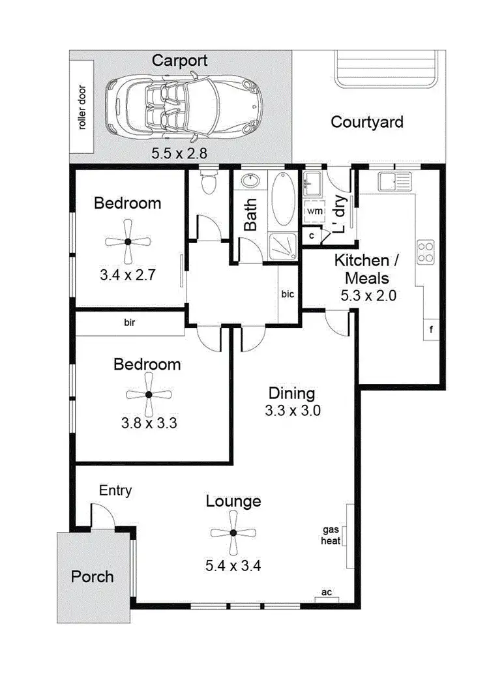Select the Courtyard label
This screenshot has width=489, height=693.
point(366,122)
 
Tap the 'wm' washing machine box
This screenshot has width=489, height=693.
point(314,212)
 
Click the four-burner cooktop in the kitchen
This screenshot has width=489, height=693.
point(426,253)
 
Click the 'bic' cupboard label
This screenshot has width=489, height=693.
point(288,295)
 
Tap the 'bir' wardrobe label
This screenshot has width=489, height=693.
point(130,322)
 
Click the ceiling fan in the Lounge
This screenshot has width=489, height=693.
point(233,533)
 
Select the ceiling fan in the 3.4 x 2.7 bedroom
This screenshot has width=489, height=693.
point(128,241)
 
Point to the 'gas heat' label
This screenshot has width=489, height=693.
point(330,535)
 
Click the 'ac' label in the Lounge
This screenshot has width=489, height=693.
point(326,593)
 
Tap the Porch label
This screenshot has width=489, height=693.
point(92,577)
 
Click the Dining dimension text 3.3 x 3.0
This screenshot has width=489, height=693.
point(291,411)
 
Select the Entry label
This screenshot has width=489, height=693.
point(115,491)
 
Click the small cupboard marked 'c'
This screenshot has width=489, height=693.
point(312,235)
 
